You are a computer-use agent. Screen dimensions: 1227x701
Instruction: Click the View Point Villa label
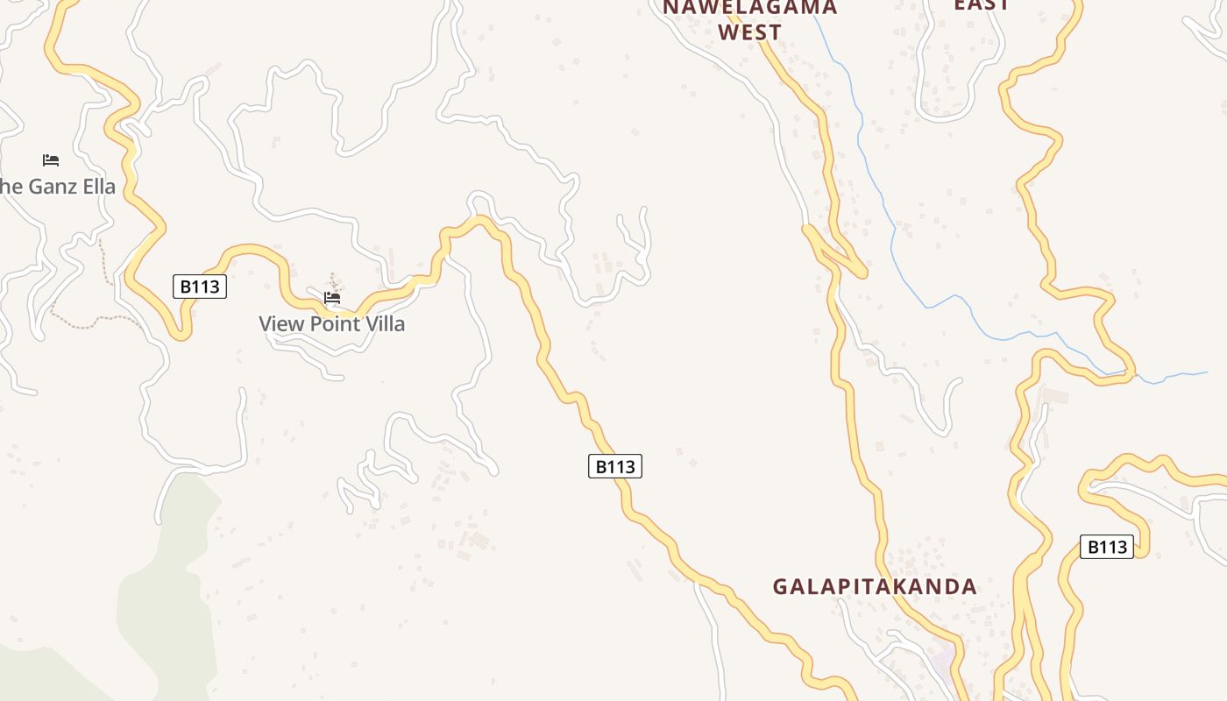[x=331, y=323]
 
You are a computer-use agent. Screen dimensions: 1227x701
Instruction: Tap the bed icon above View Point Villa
[x=332, y=298]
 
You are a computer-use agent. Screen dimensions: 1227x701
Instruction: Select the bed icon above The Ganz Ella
[x=51, y=159]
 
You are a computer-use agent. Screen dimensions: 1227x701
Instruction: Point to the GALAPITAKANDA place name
[x=874, y=586]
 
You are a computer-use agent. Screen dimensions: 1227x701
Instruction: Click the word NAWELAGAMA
[x=749, y=8]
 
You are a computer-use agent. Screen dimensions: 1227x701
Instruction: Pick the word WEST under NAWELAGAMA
[x=749, y=32]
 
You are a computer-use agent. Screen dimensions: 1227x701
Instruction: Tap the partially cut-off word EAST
[x=982, y=4]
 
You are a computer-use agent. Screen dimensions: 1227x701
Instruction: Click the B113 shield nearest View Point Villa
[x=200, y=287]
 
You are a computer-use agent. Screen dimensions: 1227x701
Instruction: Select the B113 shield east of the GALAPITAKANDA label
[x=1106, y=547]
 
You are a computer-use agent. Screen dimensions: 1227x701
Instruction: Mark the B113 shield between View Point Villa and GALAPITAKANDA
[x=614, y=466]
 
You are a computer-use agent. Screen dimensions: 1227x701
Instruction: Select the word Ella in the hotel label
[x=97, y=187]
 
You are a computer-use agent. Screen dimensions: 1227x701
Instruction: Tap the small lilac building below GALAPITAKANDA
[x=942, y=658]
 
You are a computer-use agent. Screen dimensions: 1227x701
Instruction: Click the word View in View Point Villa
[x=279, y=323]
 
